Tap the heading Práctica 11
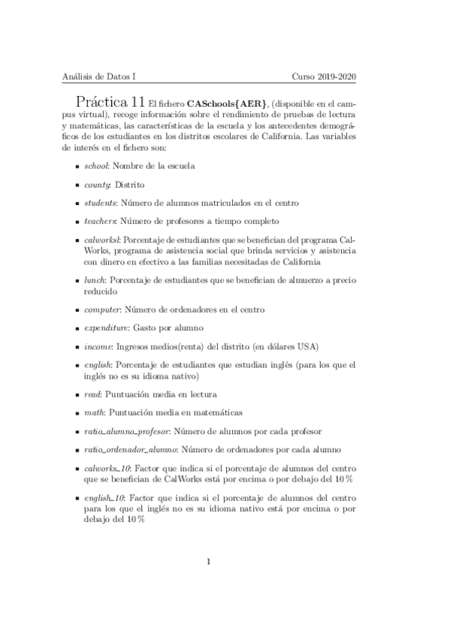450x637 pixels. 110,101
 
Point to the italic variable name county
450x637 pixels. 98,184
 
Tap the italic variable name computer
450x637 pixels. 102,309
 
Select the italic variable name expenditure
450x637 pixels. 106,328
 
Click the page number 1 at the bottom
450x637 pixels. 210,560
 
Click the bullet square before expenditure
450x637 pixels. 77,329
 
